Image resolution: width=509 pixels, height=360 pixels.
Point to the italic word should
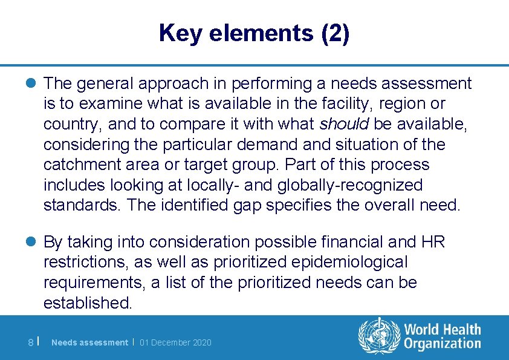(345, 124)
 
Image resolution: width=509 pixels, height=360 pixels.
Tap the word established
(87, 303)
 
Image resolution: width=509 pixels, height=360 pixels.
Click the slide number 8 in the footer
(30, 343)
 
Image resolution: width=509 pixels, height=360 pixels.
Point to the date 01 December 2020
(175, 343)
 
